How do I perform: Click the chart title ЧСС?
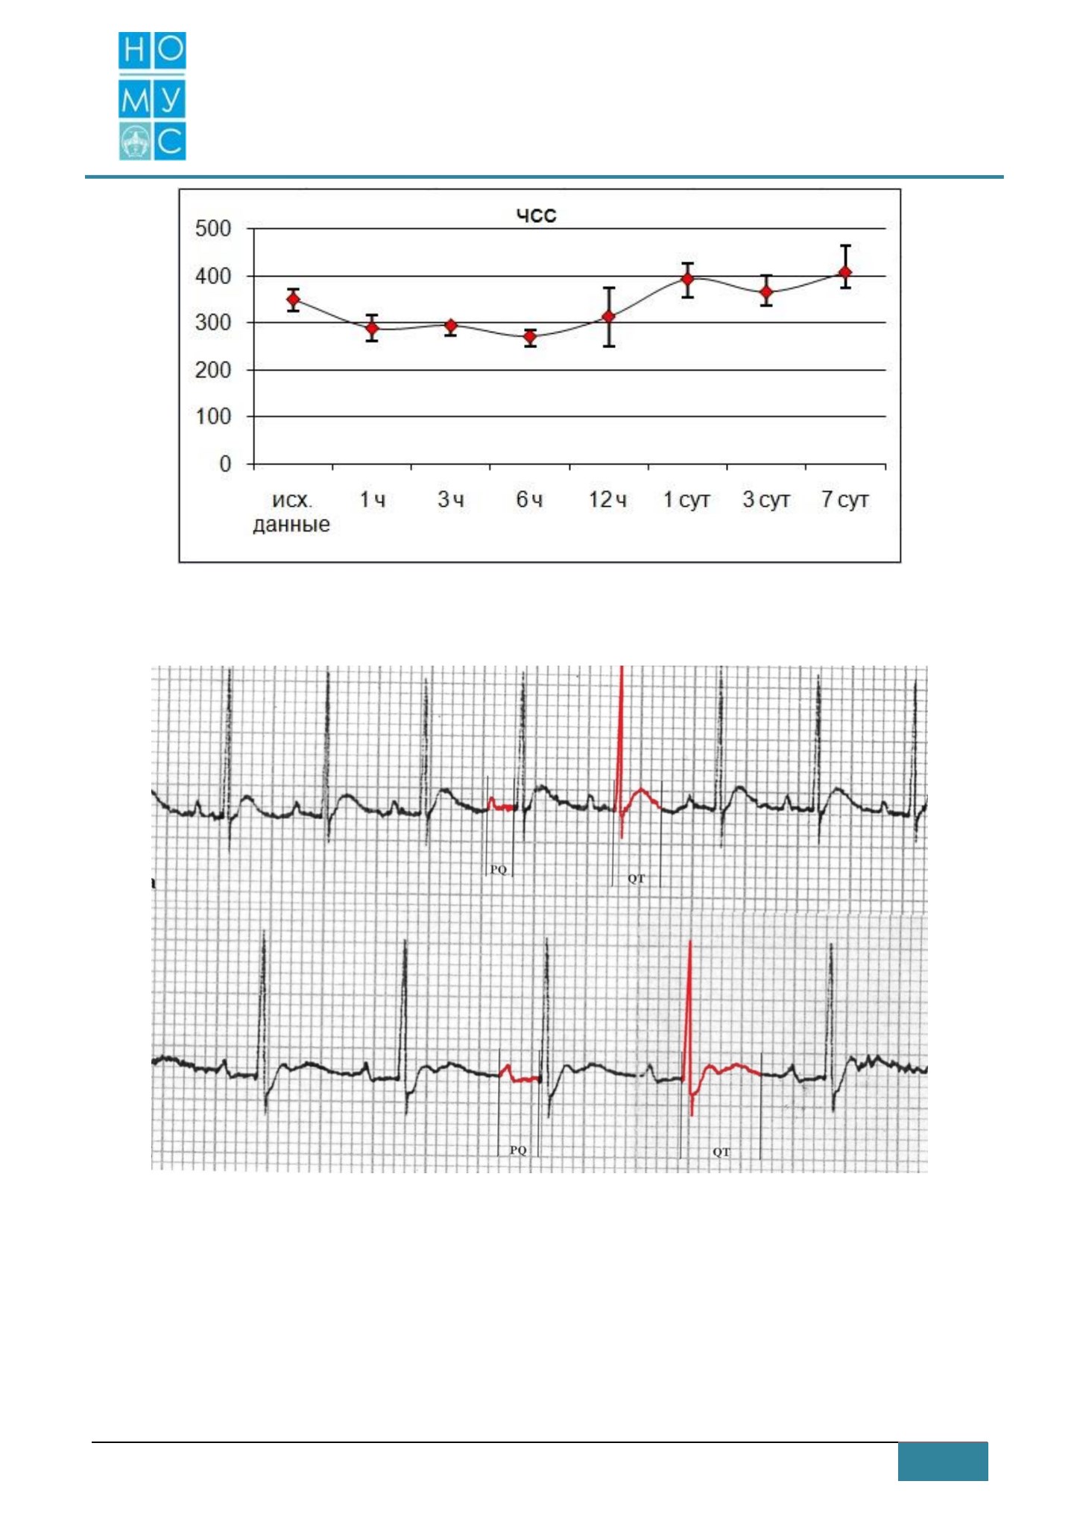537,216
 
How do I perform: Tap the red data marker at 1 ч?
372,328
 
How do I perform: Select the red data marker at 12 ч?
609,317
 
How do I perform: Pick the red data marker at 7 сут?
845,273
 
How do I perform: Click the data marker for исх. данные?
294,300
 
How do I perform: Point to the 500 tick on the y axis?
213,229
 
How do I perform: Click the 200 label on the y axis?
213,370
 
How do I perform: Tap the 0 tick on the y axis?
225,464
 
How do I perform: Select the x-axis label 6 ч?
529,499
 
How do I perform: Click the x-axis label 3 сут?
766,499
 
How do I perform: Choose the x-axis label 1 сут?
686,499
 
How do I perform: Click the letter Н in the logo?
135,50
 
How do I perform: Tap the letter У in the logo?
170,99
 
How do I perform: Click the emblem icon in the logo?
135,142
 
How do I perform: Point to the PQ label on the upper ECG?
498,870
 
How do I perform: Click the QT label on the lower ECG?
721,1152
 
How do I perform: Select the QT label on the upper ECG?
637,879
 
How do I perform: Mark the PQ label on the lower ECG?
518,1150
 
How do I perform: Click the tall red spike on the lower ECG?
691,1029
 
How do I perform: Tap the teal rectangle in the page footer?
943,1461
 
